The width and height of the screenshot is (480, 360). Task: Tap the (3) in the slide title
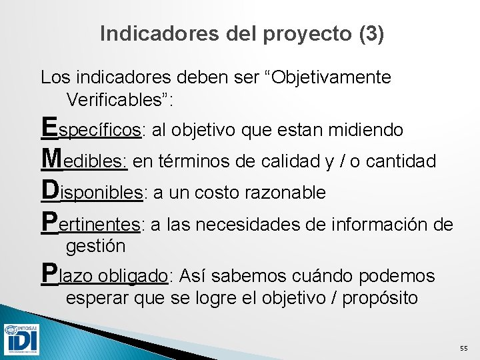pyautogui.click(x=371, y=34)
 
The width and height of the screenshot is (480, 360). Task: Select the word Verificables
pyautogui.click(x=117, y=100)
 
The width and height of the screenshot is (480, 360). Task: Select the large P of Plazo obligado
pyautogui.click(x=49, y=272)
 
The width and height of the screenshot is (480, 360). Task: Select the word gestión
pyautogui.click(x=95, y=246)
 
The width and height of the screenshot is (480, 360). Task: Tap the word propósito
pyautogui.click(x=380, y=297)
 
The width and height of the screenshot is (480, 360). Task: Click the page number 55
pyautogui.click(x=464, y=349)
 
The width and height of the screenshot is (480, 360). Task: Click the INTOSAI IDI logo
pyautogui.click(x=21, y=339)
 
